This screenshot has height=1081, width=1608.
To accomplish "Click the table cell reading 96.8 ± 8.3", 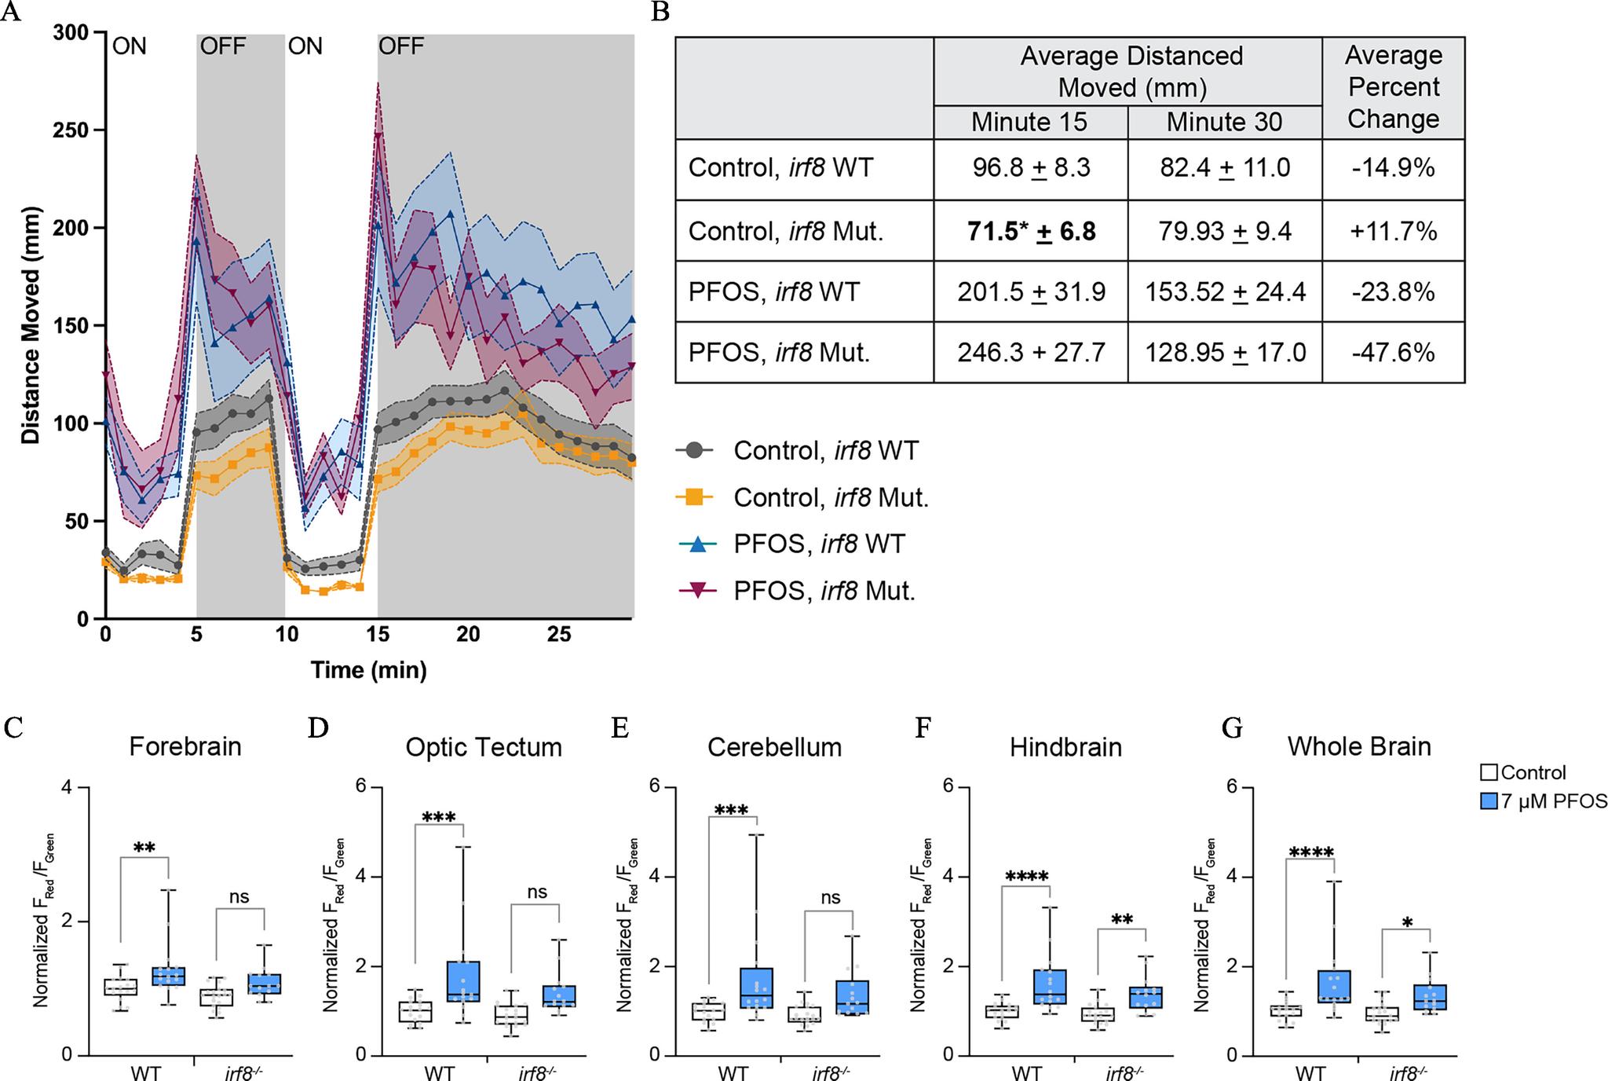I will click(x=1030, y=168).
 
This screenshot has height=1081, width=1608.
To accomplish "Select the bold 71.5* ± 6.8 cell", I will click(x=1030, y=231).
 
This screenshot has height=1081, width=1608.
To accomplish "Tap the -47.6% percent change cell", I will click(x=1393, y=352).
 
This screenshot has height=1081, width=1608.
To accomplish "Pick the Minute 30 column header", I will click(x=1224, y=122).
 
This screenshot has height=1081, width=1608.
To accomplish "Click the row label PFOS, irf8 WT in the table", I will click(x=774, y=291).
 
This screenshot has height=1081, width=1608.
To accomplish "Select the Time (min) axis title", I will click(x=369, y=670).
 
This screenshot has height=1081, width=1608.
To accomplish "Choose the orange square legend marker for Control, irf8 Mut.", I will click(x=695, y=497).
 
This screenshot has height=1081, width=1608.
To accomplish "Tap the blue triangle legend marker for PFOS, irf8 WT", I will click(x=695, y=544).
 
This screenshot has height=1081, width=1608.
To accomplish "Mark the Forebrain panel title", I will click(x=185, y=746).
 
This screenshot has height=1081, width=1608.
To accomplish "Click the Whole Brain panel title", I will click(x=1359, y=746).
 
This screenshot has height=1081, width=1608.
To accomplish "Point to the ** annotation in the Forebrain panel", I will click(x=144, y=848).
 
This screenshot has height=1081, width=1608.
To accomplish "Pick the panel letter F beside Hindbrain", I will click(x=924, y=729).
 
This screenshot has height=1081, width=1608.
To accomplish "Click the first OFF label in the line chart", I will click(x=224, y=46).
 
